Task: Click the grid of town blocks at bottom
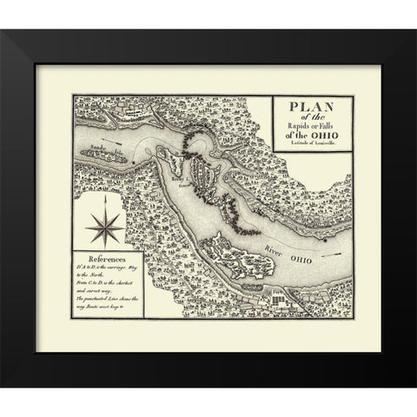click(x=279, y=300)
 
